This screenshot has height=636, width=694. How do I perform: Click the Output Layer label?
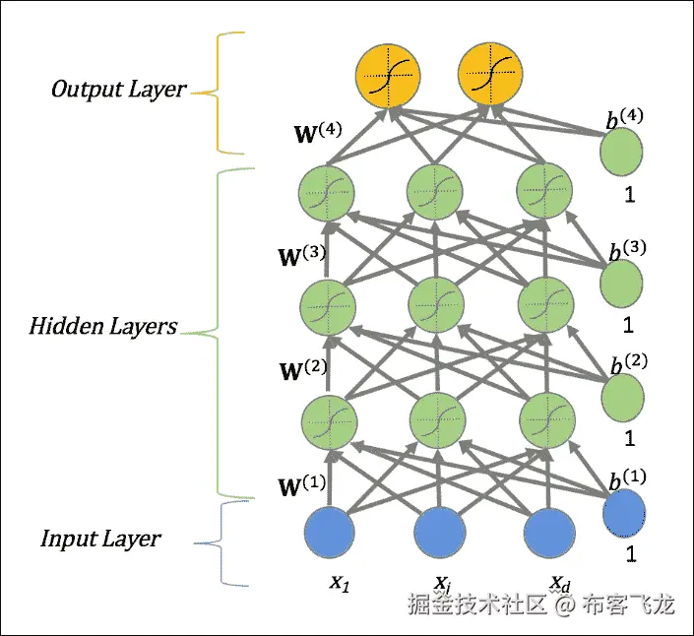(118, 90)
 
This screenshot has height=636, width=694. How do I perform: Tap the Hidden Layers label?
(103, 326)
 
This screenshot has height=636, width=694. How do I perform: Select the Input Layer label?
(100, 539)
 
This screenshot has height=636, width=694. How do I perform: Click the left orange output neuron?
(389, 78)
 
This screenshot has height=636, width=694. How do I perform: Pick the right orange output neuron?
(490, 78)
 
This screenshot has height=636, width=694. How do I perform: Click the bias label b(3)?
(627, 248)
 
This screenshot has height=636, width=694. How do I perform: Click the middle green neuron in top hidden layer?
(434, 191)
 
